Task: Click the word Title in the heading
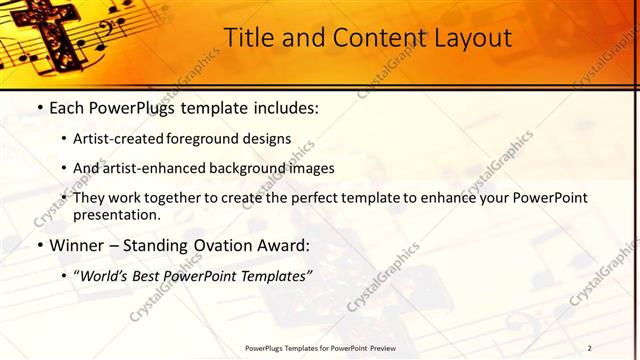pos(246,38)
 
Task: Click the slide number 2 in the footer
pos(589,348)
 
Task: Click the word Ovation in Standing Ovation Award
pos(216,244)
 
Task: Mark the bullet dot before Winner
pos(38,244)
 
